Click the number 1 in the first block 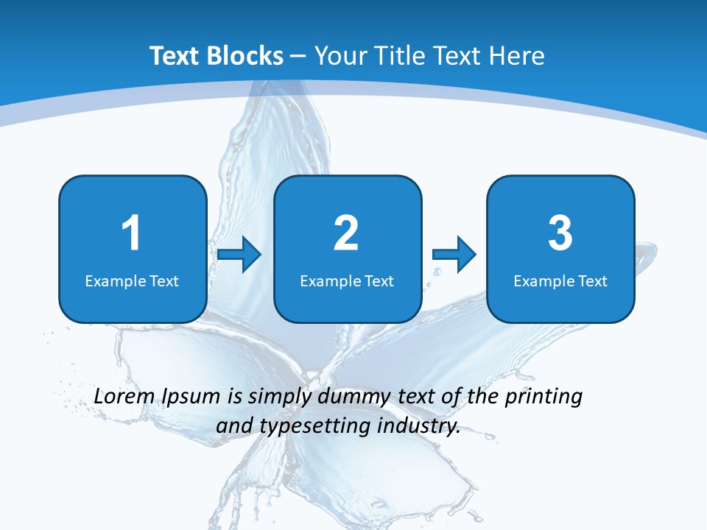[131, 233]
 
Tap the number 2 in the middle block [346, 233]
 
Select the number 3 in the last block [560, 233]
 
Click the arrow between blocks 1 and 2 [240, 255]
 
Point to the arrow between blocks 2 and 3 [454, 255]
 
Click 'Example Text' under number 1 [132, 281]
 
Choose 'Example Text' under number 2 [347, 281]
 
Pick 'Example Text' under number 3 [560, 281]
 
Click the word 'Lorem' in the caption [124, 396]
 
